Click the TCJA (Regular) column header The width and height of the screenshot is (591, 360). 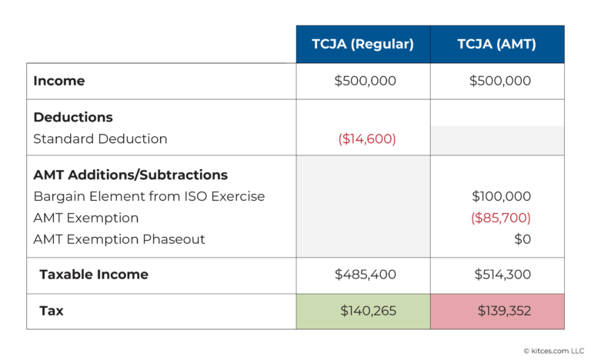tap(362, 45)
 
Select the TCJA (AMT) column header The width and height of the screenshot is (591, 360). tap(497, 45)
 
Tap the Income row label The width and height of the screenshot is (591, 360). tap(59, 81)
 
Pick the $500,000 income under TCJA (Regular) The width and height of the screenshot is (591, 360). tap(365, 81)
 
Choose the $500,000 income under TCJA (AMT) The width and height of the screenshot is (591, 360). tap(499, 81)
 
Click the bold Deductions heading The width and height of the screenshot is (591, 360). tap(73, 118)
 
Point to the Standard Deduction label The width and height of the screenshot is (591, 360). tap(100, 139)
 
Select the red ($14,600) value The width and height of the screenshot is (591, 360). tap(367, 139)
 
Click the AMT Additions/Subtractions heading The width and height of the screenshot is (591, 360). tap(130, 175)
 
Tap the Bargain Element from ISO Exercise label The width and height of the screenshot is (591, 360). tap(149, 196)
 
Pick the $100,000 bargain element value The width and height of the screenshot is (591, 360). tap(501, 196)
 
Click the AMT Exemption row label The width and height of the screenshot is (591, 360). tap(85, 218)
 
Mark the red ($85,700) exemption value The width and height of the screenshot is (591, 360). tap(500, 218)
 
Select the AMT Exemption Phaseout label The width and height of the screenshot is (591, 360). tap(119, 239)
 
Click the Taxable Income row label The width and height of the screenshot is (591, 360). tap(94, 275)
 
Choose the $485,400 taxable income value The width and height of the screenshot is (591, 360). tap(365, 275)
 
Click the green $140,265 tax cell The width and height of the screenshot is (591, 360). tap(362, 312)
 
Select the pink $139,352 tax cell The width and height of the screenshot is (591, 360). tap(497, 312)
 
